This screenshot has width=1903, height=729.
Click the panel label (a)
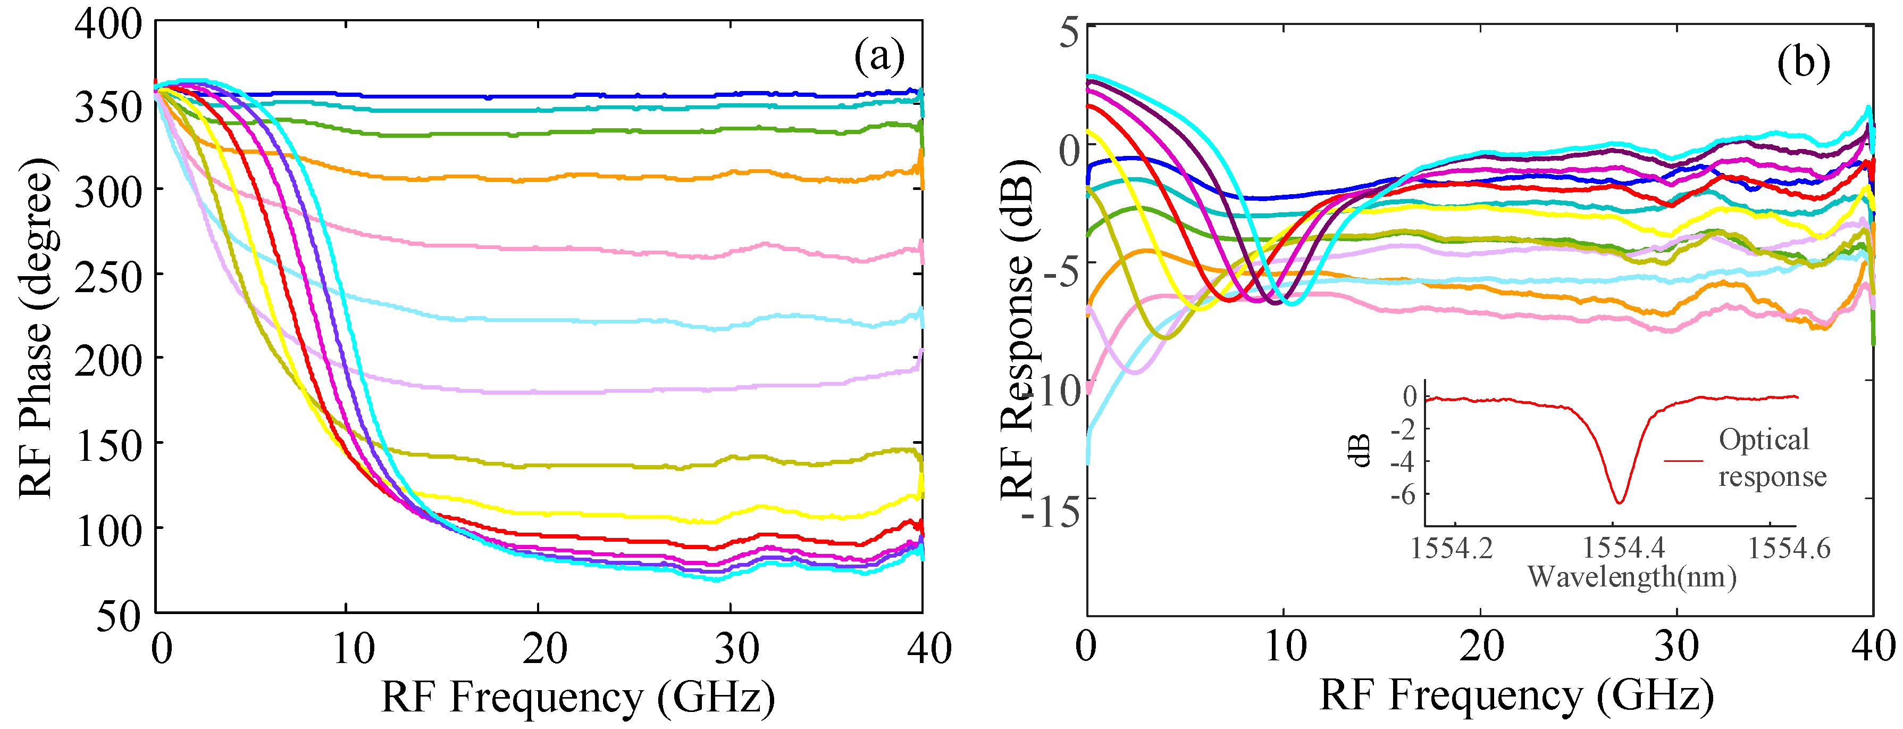click(879, 56)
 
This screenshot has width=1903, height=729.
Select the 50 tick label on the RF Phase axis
click(118, 615)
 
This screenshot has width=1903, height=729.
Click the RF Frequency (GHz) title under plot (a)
click(577, 697)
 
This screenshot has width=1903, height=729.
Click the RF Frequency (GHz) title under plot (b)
click(1516, 695)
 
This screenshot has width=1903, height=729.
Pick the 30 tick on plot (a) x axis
click(736, 649)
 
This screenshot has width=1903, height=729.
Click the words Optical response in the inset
click(1772, 458)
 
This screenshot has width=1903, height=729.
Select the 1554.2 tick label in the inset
click(1452, 549)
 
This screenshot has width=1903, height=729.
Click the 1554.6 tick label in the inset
click(1789, 549)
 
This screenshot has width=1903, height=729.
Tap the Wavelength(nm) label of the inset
click(1631, 577)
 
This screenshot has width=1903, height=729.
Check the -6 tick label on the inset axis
click(1403, 495)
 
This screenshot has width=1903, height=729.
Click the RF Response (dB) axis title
click(1019, 328)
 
